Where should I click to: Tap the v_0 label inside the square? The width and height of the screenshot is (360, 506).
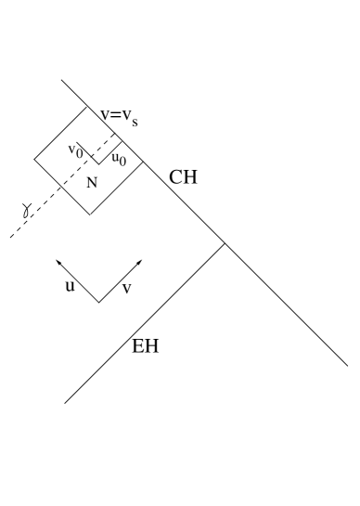point(77,149)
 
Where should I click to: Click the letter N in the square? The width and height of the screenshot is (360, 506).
point(91,183)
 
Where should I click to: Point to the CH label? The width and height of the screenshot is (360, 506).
point(183,176)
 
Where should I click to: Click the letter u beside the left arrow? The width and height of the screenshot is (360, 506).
point(69,287)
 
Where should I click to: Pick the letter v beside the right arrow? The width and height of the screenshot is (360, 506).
point(127,289)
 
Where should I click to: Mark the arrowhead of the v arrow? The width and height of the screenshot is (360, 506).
point(141,259)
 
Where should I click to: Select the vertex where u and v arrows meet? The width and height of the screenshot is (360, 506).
point(98,302)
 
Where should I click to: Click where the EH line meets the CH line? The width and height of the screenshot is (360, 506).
point(224,244)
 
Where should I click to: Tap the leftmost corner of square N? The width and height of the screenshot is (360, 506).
point(34,160)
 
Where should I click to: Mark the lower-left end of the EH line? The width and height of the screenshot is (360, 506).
point(64,403)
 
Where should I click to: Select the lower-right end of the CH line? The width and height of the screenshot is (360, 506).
point(347,366)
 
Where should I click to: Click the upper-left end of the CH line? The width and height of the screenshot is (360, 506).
point(62,81)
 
